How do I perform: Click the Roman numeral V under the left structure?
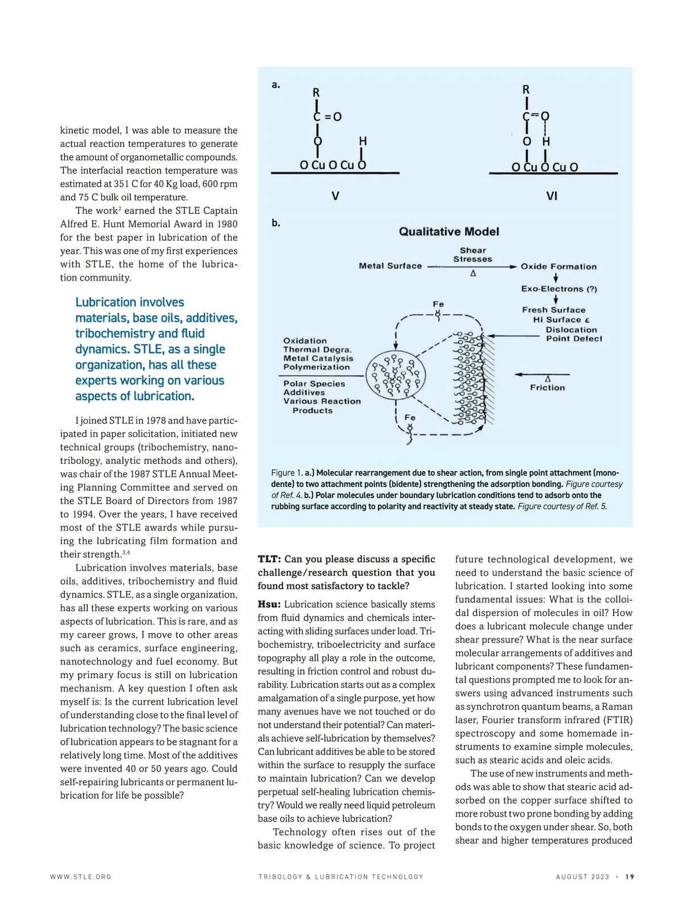(x=335, y=196)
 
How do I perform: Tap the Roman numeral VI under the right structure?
(x=552, y=196)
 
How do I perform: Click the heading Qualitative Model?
(x=449, y=232)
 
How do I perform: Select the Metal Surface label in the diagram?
(x=390, y=266)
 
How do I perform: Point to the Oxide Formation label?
(x=558, y=266)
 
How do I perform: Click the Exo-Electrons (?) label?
(x=559, y=289)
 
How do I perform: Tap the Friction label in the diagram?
(x=548, y=388)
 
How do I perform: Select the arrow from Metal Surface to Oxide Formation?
(x=472, y=266)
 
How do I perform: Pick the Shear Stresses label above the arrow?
(x=472, y=254)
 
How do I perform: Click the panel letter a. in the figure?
(x=276, y=85)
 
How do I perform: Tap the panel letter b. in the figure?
(x=276, y=223)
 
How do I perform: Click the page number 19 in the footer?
(x=629, y=877)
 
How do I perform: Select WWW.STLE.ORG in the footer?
(x=81, y=877)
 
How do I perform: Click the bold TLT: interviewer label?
(x=269, y=559)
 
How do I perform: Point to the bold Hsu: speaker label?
(x=269, y=604)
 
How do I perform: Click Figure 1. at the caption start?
(x=286, y=472)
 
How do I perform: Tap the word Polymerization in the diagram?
(x=316, y=367)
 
